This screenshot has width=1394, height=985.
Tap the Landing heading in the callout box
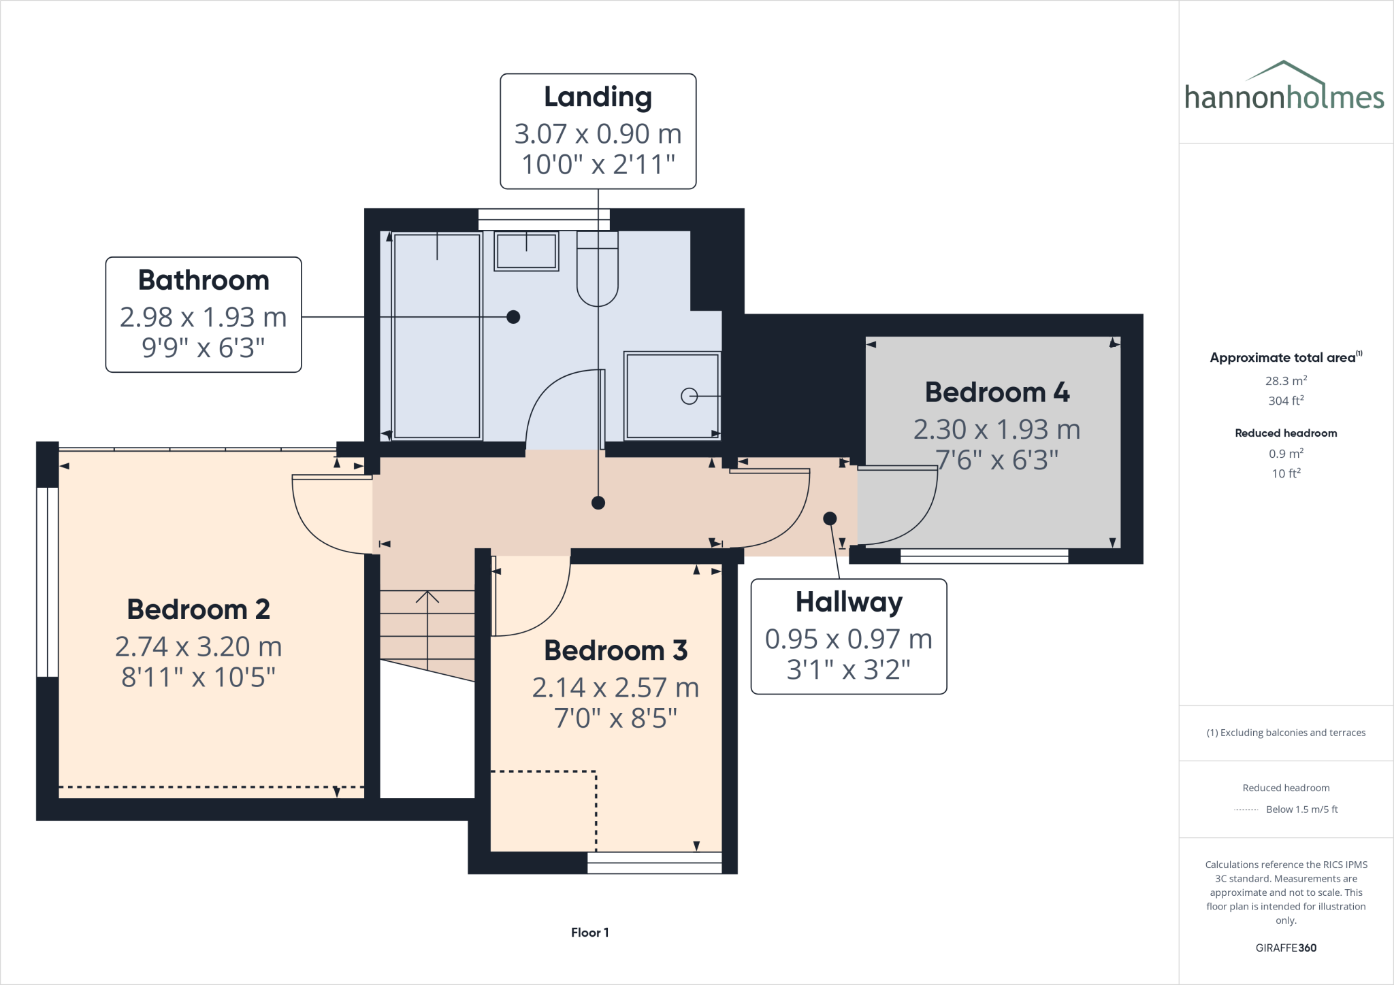pyautogui.click(x=598, y=97)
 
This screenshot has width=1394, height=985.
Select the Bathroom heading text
pyautogui.click(x=204, y=280)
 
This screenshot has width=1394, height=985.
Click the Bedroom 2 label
pyautogui.click(x=198, y=610)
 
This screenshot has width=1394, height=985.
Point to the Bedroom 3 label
pyautogui.click(x=615, y=650)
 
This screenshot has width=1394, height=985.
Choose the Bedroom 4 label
pyautogui.click(x=996, y=393)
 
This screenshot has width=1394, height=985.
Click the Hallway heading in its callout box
pyautogui.click(x=849, y=602)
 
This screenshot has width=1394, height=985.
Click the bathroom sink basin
pyautogui.click(x=526, y=252)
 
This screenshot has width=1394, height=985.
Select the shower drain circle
pyautogui.click(x=689, y=396)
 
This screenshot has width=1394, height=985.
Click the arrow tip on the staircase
pyautogui.click(x=427, y=594)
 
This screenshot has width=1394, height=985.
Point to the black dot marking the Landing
pyautogui.click(x=598, y=503)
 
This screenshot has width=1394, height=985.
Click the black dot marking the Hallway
pyautogui.click(x=830, y=518)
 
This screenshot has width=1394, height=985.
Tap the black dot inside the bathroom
pyautogui.click(x=514, y=317)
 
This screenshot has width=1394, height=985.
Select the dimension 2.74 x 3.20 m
pyautogui.click(x=198, y=646)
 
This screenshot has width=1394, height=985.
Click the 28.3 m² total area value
pyautogui.click(x=1286, y=381)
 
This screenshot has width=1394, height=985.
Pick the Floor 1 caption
pyautogui.click(x=589, y=933)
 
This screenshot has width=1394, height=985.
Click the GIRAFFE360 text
pyautogui.click(x=1286, y=948)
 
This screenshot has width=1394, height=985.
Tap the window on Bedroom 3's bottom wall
pyautogui.click(x=654, y=863)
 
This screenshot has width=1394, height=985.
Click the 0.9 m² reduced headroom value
pyautogui.click(x=1286, y=454)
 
